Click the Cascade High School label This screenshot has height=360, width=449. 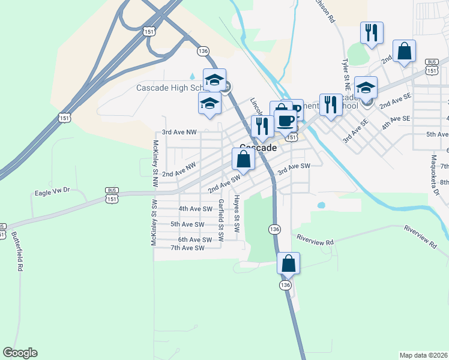[x=170, y=88]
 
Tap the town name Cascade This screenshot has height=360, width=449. [x=258, y=148]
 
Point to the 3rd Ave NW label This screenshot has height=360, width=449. [x=179, y=132]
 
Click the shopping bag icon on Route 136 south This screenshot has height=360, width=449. [x=289, y=263]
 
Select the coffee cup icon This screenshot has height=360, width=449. [x=285, y=120]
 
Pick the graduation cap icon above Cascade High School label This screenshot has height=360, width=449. [x=214, y=79]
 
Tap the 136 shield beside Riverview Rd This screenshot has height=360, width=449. [x=274, y=229]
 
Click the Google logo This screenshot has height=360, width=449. [x=20, y=353]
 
